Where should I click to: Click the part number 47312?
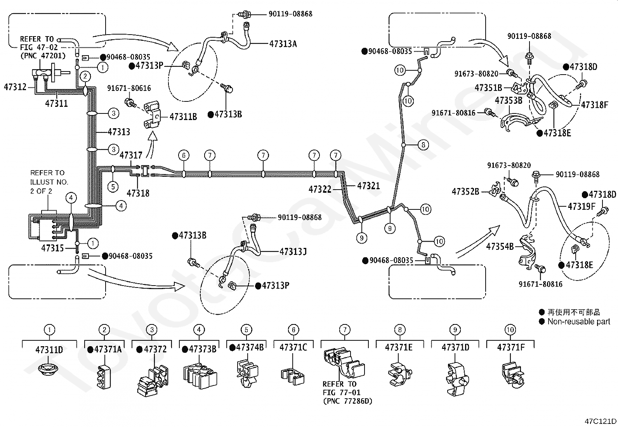coord(15,87)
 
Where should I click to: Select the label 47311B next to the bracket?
coord(183,117)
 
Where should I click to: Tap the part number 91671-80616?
coord(129,88)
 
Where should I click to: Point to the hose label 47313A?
coord(283,44)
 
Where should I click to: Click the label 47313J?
coord(293,252)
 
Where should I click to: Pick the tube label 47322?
coord(320,189)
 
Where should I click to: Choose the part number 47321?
coord(369,186)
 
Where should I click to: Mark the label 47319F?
coord(582,206)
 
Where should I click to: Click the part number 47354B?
coord(500,246)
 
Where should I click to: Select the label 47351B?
coord(488,87)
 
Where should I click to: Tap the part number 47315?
coord(52,248)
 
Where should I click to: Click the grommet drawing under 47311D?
coord(48,369)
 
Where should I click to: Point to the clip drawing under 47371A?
coord(104,377)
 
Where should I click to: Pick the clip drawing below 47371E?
coord(400,374)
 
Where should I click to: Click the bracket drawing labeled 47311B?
coord(152,115)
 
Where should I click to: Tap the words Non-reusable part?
coord(579,321)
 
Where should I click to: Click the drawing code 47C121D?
coord(601,421)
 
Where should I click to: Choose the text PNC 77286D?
coord(348,401)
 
